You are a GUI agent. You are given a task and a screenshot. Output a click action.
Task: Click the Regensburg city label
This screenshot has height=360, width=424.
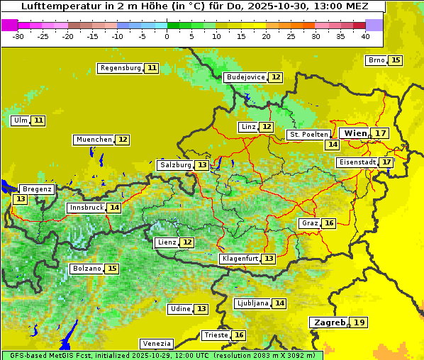(120, 68)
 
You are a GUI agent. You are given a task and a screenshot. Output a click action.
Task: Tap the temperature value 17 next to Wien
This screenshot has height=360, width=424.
(381, 133)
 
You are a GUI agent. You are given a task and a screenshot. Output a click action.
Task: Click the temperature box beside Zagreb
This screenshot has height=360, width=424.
(360, 322)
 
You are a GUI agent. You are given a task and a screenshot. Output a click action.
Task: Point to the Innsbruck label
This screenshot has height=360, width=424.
(86, 208)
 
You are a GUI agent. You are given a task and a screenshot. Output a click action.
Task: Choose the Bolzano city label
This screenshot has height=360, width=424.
(87, 269)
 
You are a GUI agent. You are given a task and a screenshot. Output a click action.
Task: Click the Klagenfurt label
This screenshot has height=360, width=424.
(239, 259)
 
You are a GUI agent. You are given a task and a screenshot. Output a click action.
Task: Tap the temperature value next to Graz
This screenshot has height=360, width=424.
(329, 223)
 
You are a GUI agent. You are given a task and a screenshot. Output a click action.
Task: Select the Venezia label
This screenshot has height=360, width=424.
(155, 343)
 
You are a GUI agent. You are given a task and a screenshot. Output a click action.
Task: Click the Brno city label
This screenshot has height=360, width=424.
(376, 60)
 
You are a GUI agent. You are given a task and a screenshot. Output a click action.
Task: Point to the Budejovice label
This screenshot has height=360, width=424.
(245, 77)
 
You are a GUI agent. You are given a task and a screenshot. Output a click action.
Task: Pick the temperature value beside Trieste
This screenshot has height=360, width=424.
(240, 335)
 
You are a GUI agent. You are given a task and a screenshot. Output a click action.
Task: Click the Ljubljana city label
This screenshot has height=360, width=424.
(252, 303)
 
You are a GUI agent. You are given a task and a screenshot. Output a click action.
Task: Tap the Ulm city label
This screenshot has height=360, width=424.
(21, 120)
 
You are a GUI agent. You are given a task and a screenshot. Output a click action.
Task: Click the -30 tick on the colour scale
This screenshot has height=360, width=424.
(18, 36)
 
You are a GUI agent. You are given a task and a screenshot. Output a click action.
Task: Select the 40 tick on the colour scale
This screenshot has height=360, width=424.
(365, 36)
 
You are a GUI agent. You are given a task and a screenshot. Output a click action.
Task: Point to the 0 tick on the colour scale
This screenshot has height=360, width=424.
(167, 36)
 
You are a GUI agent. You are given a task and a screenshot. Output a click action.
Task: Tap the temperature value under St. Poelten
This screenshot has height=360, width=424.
(332, 145)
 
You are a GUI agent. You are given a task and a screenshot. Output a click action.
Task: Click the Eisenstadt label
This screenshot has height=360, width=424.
(357, 162)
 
